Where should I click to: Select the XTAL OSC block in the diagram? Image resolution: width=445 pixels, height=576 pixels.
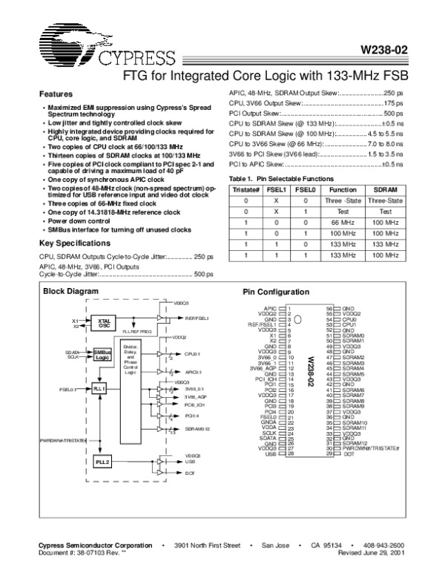(104, 323)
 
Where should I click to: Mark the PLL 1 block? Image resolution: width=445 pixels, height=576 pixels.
(101, 388)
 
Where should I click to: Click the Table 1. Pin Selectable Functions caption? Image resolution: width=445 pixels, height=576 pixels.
(281, 180)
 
